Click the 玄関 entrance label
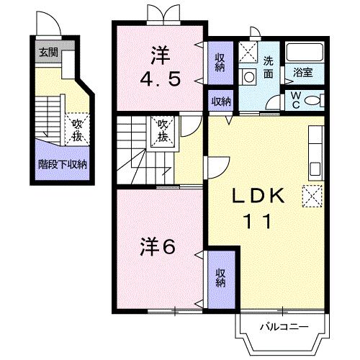tap(50, 52)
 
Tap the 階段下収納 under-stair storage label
tap(62, 164)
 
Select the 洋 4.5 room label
tap(159, 66)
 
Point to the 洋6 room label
tap(156, 247)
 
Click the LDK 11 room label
tap(252, 208)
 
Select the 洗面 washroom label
tap(269, 66)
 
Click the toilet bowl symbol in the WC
tap(314, 99)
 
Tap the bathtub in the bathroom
tap(305, 53)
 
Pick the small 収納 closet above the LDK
tap(220, 102)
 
